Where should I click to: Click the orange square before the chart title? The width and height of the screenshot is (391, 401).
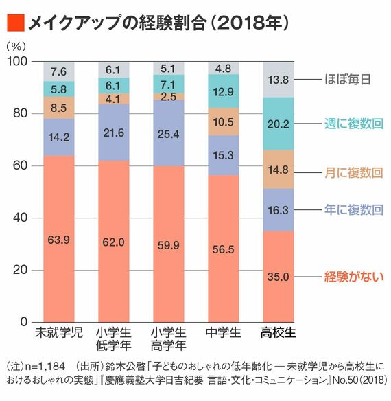click(x=14, y=23)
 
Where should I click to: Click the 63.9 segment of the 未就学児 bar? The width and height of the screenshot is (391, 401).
click(x=59, y=239)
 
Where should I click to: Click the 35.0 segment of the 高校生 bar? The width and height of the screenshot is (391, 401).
click(x=279, y=277)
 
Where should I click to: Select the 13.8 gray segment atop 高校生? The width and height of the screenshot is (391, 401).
click(x=279, y=80)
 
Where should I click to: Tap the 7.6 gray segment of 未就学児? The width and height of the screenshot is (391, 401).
click(x=59, y=71)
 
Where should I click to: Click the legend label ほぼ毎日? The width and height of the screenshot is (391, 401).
click(x=348, y=80)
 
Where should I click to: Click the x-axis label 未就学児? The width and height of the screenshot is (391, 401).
click(x=59, y=334)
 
